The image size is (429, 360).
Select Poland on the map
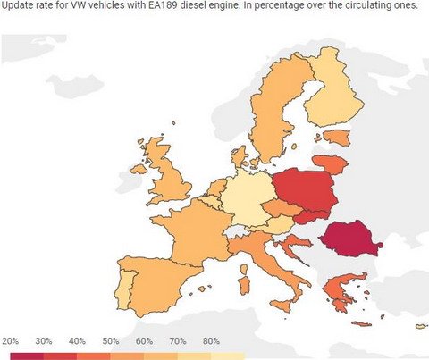[305, 191]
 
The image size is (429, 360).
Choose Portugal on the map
[124, 291]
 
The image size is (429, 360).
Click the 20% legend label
[11, 341]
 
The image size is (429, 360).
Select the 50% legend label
[111, 341]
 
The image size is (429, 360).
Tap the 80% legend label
[211, 341]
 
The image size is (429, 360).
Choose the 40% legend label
[78, 341]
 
